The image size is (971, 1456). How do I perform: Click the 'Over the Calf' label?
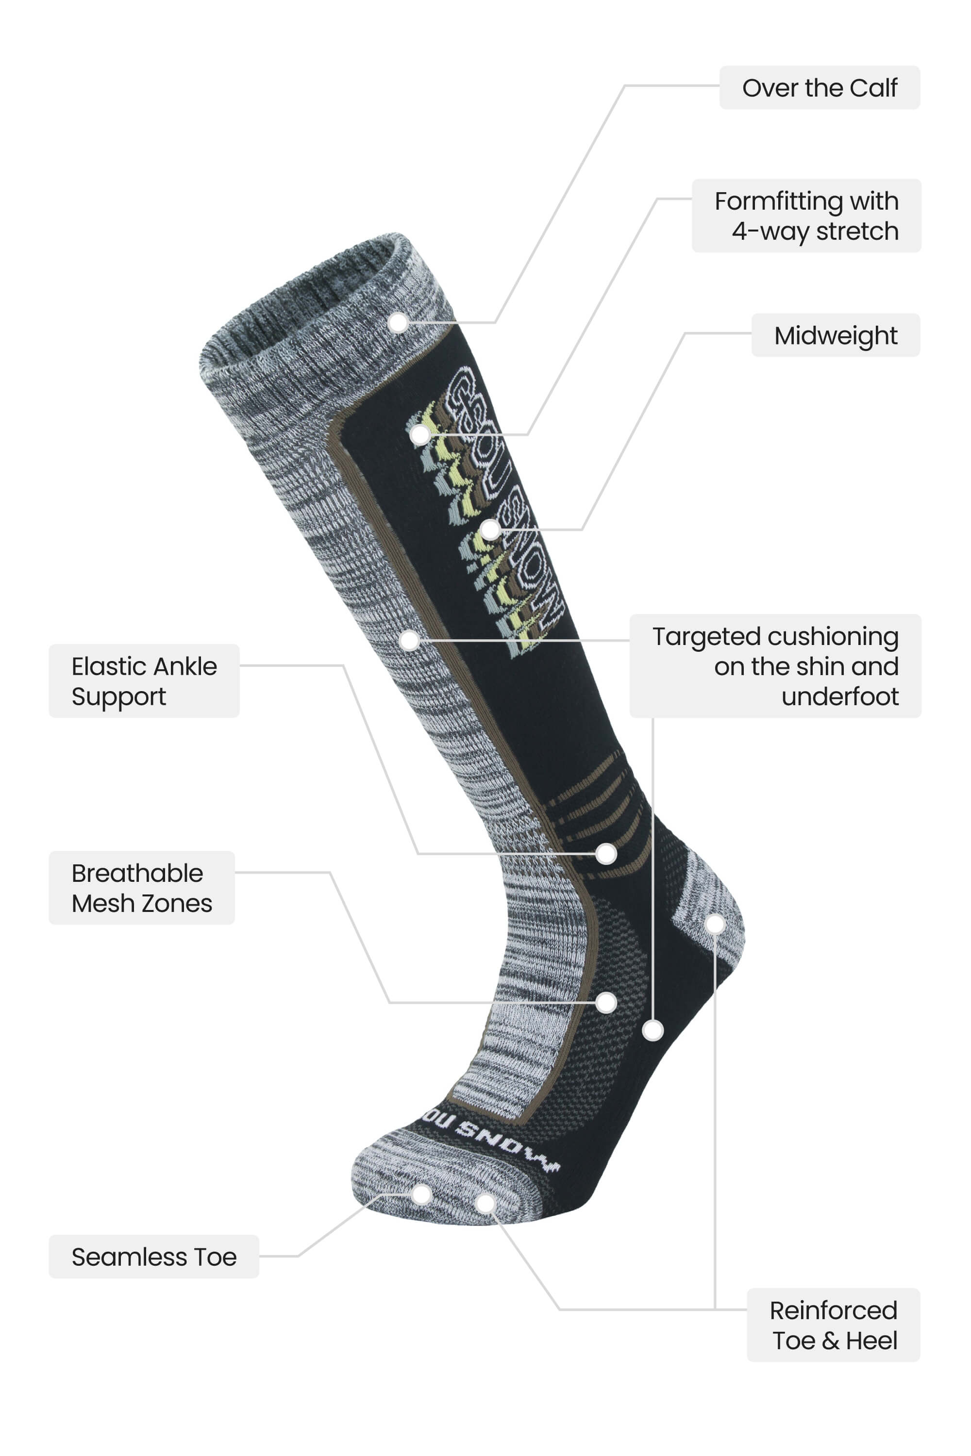click(820, 87)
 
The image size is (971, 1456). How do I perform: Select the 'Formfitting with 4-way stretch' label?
click(806, 215)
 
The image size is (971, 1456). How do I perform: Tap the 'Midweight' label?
click(836, 335)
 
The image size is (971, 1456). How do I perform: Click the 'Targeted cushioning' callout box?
click(775, 666)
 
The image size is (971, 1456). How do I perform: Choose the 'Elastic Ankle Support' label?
click(144, 681)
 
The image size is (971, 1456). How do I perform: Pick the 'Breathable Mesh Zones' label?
click(142, 888)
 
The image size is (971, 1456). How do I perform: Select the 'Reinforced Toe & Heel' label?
click(834, 1325)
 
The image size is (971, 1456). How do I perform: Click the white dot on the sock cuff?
click(398, 322)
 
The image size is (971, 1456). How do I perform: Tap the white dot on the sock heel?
click(715, 924)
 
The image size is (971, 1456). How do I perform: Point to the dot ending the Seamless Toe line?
click(421, 1194)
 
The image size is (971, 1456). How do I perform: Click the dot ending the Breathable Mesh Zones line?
click(606, 1002)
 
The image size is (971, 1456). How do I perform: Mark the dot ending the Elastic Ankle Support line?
click(606, 854)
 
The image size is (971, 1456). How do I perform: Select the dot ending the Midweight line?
click(490, 530)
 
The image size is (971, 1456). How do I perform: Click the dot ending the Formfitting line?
click(420, 434)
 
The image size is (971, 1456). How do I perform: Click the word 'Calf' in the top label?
click(873, 87)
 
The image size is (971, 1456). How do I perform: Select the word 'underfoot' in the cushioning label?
click(840, 696)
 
